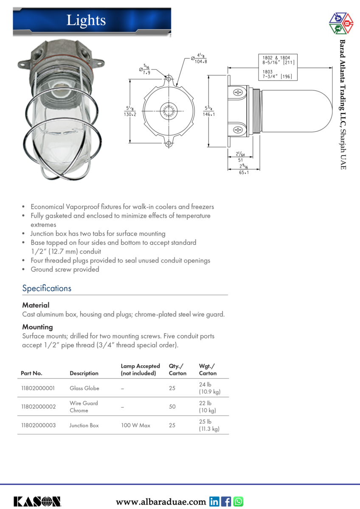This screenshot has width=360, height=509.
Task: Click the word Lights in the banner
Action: [86, 20]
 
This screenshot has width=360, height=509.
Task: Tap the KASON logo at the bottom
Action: [37, 501]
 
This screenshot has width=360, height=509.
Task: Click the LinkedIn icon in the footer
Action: [214, 501]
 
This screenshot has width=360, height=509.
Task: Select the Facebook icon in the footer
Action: [226, 501]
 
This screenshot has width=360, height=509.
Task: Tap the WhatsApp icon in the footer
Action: [238, 501]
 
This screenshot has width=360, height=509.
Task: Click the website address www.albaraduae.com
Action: [161, 502]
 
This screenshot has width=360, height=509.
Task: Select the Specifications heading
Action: [47, 288]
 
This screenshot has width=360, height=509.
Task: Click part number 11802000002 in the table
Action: [38, 407]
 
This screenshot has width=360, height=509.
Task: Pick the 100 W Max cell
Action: [135, 425]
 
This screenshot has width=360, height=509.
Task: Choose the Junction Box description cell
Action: [84, 425]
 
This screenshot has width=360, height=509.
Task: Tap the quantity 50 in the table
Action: [172, 407]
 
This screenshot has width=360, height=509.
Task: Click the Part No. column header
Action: [31, 373]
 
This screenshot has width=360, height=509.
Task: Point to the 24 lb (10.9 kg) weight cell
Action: [209, 388]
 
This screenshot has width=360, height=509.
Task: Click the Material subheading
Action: [36, 305]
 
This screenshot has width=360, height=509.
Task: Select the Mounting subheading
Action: [37, 327]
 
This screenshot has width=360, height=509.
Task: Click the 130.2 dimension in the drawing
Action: [130, 115]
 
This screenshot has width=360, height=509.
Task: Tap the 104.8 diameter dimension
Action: [201, 62]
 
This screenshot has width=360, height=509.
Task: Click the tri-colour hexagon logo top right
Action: [341, 23]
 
